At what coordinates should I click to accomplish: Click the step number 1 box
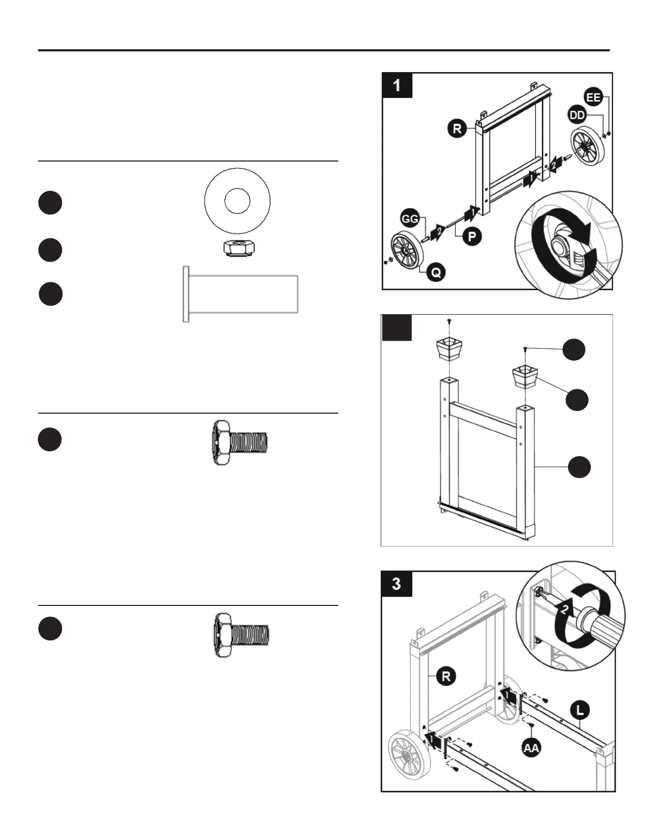tap(397, 85)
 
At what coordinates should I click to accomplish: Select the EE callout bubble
tap(593, 97)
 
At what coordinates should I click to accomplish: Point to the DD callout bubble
tap(577, 115)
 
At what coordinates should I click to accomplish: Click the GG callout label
tap(409, 218)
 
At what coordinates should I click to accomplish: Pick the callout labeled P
tap(472, 236)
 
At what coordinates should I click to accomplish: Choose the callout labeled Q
tap(436, 272)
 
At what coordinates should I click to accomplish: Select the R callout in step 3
tap(446, 676)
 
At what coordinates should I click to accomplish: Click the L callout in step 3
tap(581, 710)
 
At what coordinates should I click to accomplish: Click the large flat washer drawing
tap(237, 201)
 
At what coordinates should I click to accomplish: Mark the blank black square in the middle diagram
tap(397, 328)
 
